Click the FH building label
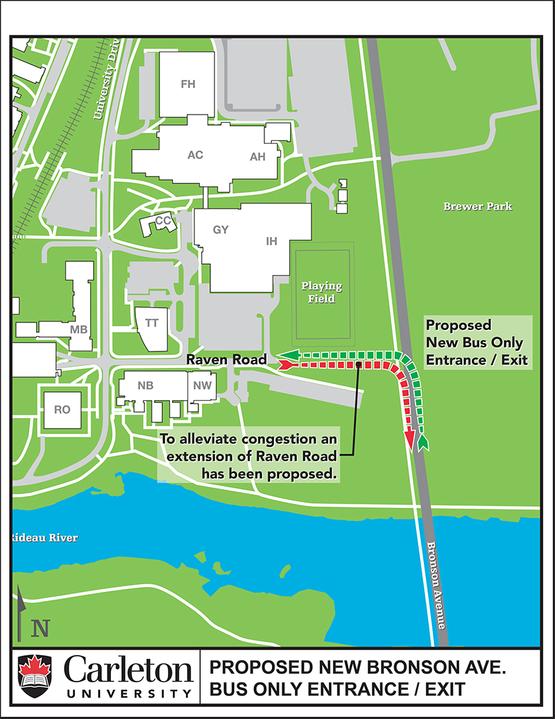(188, 85)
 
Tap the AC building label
(195, 155)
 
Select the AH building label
(257, 157)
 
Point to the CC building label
(163, 221)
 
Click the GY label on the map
(221, 230)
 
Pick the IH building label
(272, 241)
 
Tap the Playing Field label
(321, 292)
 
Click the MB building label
(78, 329)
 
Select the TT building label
(151, 323)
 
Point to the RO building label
(62, 410)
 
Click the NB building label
(145, 386)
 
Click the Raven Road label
(226, 360)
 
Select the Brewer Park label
(477, 206)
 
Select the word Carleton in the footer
(128, 671)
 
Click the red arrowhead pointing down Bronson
(409, 441)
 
